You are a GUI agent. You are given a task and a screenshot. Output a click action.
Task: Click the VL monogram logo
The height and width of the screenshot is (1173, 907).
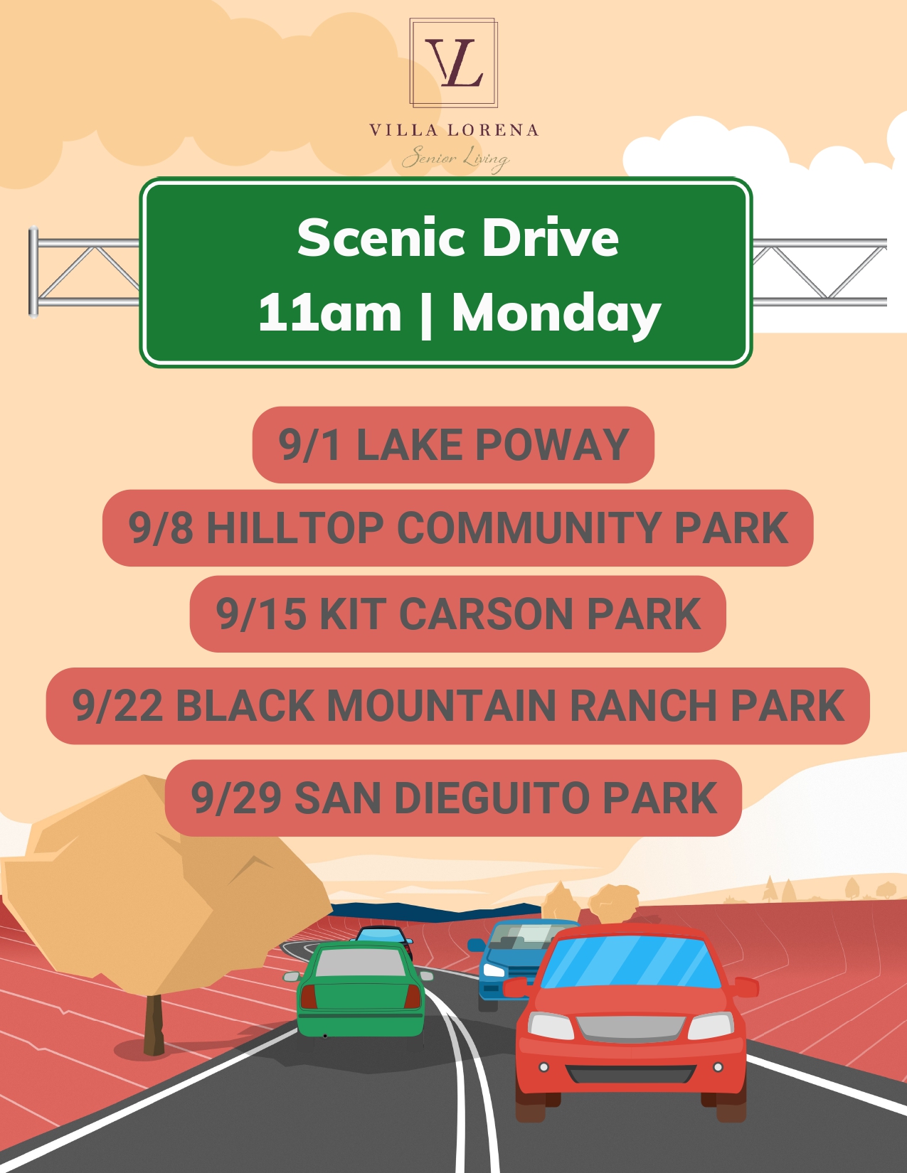click(453, 63)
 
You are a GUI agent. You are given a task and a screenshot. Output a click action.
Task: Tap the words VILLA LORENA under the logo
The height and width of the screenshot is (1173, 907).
click(454, 130)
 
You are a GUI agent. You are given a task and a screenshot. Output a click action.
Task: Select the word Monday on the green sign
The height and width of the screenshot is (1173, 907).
click(556, 314)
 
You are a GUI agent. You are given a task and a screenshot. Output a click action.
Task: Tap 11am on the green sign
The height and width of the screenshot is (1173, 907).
click(330, 313)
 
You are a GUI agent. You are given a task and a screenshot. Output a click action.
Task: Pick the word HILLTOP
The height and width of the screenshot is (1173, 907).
click(295, 527)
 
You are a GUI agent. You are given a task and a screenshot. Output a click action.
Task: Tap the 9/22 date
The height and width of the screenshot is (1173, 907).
click(117, 705)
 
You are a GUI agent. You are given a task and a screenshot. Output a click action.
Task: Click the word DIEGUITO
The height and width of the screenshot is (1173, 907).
click(491, 798)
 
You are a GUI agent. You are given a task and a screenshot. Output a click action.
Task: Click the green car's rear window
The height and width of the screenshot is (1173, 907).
click(360, 962)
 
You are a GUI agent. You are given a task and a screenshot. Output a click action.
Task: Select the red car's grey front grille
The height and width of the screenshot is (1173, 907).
click(630, 1029)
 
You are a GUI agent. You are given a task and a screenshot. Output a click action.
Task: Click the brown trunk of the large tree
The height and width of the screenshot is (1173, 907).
click(154, 1024)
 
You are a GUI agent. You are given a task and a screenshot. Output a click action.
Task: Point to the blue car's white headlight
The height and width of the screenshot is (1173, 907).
click(494, 970)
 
